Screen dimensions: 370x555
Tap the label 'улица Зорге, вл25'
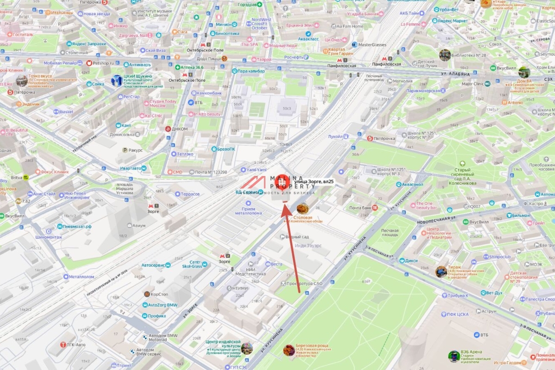click(x=314, y=182)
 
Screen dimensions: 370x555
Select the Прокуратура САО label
click(x=304, y=283)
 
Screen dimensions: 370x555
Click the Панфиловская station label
click(x=341, y=66)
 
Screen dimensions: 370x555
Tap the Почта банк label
click(x=360, y=208)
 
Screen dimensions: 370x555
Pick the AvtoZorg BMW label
click(x=162, y=305)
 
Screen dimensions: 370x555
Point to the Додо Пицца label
click(x=208, y=59)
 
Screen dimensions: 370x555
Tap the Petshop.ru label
click(x=103, y=62)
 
